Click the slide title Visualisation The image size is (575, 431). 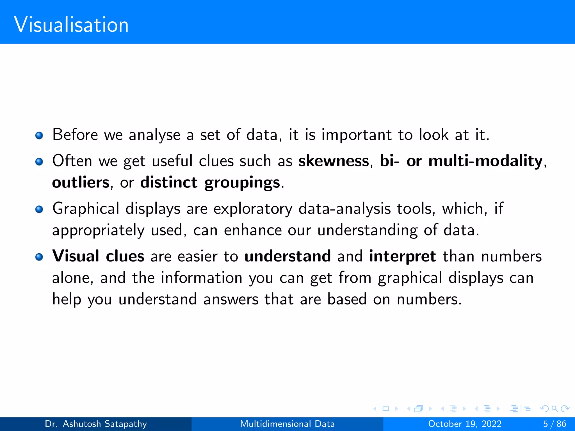(71, 25)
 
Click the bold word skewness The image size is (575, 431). (334, 161)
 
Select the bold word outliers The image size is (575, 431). (81, 183)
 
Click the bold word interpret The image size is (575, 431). (403, 256)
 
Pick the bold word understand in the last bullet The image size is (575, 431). (287, 256)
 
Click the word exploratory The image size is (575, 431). (253, 209)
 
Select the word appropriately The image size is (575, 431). (98, 231)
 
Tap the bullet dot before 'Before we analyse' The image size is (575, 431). (39, 136)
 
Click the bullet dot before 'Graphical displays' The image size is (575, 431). (39, 209)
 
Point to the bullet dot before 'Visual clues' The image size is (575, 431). (39, 257)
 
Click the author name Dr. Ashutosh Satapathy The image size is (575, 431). (96, 424)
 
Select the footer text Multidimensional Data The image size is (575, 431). (287, 424)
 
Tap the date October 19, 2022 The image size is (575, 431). (465, 424)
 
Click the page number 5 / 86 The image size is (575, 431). (555, 424)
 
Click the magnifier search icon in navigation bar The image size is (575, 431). (555, 409)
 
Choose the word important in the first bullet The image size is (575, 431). (357, 135)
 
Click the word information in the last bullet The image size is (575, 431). (202, 278)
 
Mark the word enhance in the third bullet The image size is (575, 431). (253, 230)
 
